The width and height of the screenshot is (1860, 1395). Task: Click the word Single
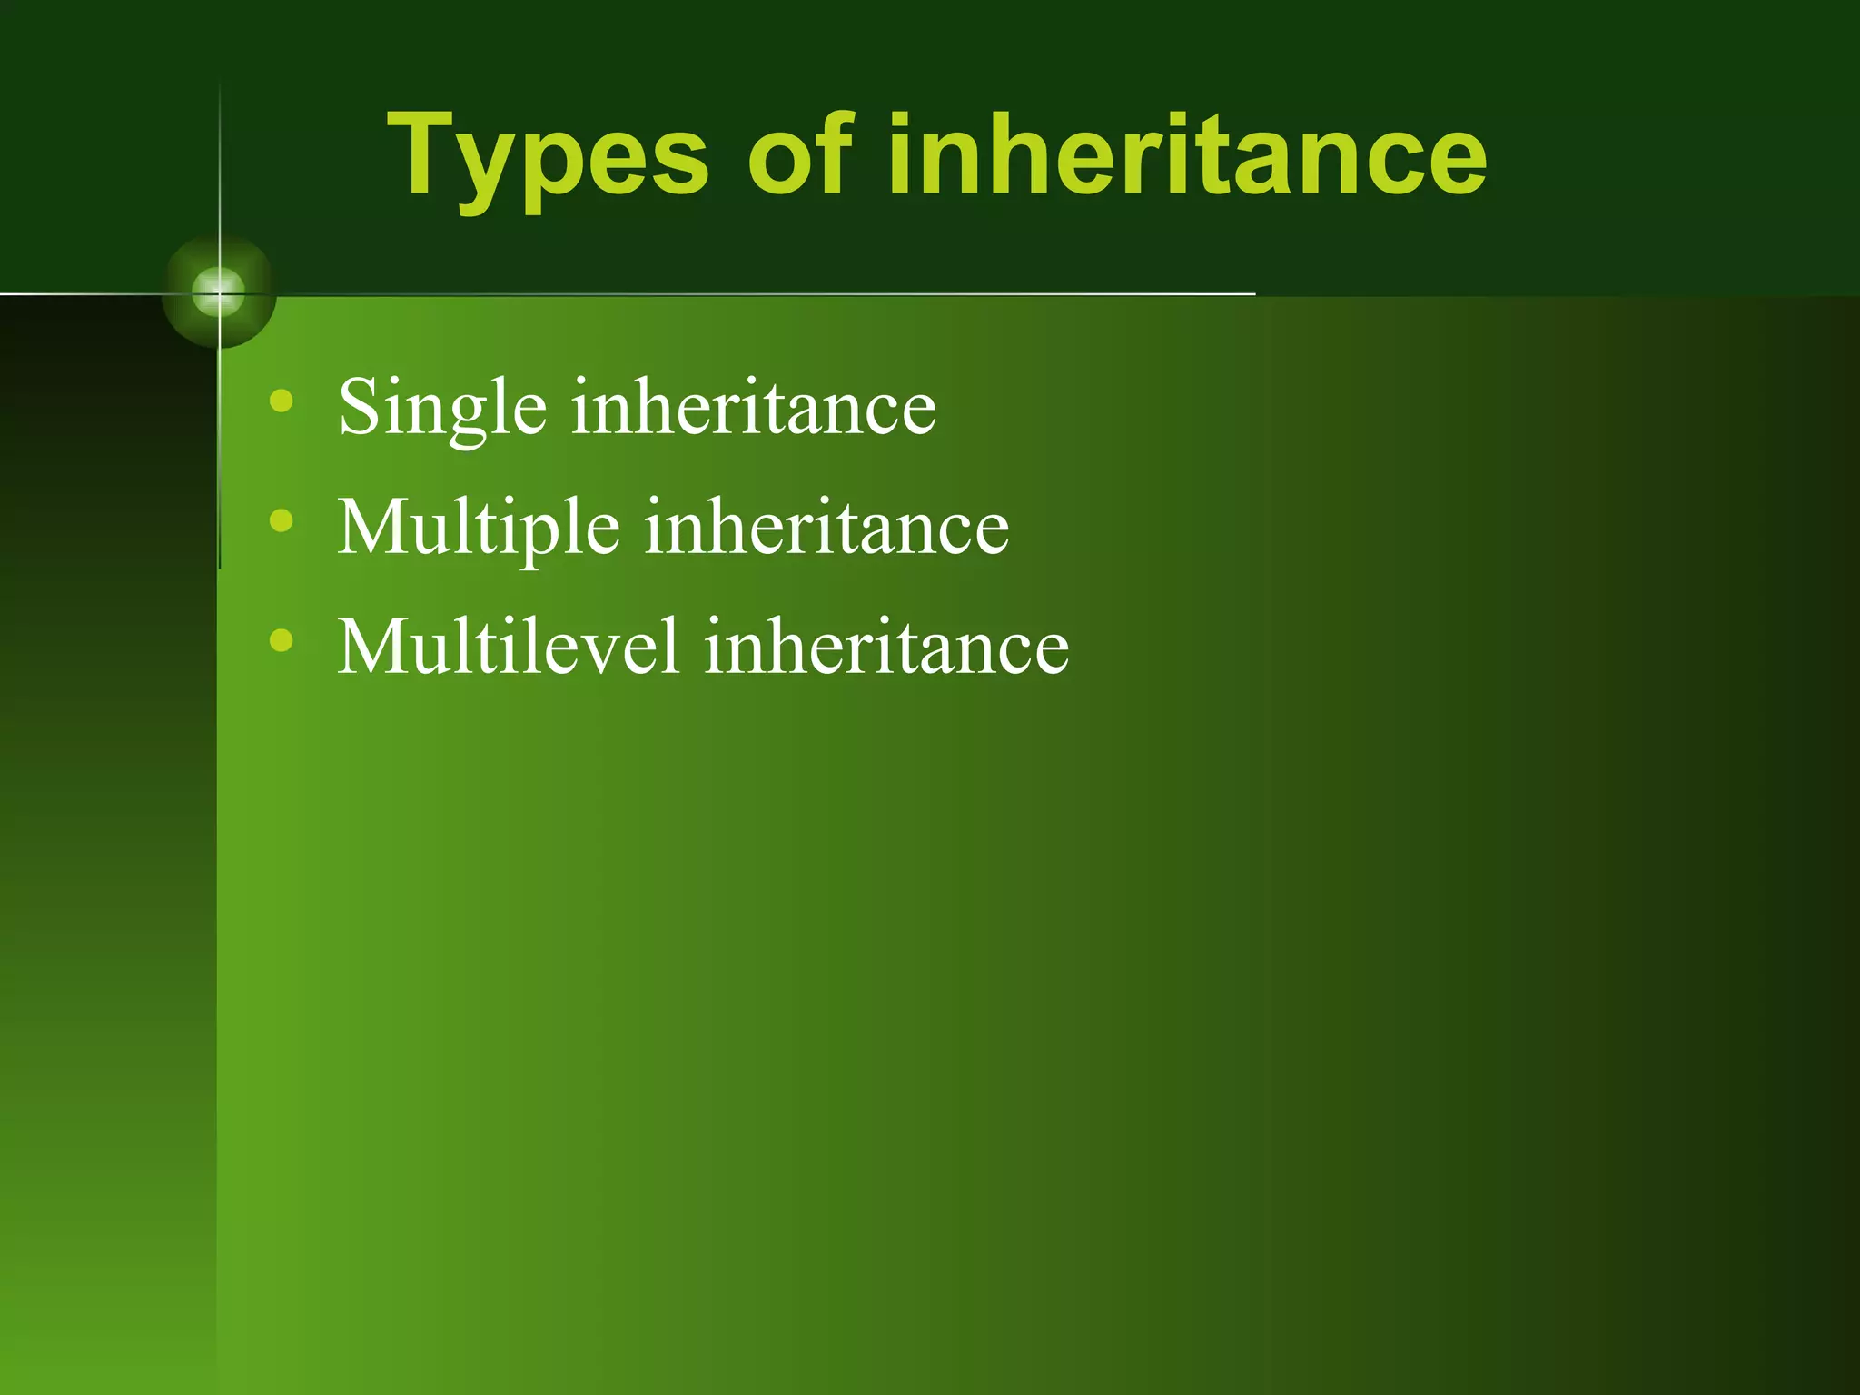pos(442,409)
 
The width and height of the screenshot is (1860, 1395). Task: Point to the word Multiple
pos(479,529)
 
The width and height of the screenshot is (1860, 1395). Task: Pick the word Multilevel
pos(509,647)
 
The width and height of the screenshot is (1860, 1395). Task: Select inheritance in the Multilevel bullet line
pos(886,647)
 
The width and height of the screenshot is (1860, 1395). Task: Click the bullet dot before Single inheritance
pos(282,400)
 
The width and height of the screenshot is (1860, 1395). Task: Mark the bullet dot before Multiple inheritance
pos(282,520)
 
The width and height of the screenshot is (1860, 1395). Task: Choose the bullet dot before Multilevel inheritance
pos(282,640)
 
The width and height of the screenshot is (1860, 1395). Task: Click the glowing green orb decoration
pos(219,292)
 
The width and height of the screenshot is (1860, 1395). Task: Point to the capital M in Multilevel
pos(372,647)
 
